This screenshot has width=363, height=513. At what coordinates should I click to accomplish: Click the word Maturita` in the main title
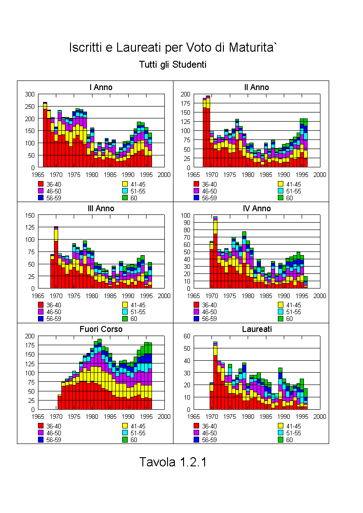253,48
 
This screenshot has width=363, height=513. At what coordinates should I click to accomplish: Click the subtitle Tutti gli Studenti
173,64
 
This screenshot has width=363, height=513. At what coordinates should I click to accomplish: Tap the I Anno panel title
101,87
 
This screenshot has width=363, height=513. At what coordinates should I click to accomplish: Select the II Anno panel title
256,87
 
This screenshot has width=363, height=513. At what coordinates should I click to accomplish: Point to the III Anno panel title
101,208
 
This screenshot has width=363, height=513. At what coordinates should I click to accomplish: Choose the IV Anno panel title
257,208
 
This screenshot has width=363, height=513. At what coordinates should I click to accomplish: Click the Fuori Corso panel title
101,329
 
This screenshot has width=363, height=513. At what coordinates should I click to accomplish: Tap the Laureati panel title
257,329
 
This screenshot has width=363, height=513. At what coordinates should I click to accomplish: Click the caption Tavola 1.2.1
173,462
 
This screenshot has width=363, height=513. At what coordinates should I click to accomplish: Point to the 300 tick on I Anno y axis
30,94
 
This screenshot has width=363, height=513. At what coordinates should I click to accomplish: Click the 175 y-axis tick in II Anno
185,103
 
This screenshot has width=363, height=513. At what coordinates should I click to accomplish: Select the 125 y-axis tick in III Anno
30,227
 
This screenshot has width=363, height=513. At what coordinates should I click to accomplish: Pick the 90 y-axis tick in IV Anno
187,223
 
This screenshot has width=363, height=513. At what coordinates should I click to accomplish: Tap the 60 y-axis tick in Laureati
187,336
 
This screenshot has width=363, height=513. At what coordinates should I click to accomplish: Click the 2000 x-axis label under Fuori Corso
164,417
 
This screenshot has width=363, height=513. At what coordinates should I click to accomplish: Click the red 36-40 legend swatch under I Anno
41,184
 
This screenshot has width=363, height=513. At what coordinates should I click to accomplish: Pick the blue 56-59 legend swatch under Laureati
196,440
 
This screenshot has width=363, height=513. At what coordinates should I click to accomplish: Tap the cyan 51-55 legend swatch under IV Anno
281,312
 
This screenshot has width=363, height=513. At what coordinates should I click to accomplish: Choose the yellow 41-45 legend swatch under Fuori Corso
125,426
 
